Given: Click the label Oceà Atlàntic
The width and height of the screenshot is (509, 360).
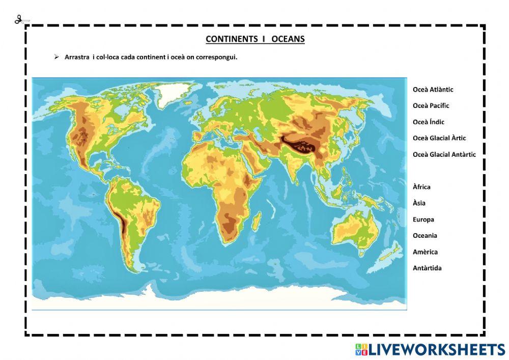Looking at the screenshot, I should pos(433,90).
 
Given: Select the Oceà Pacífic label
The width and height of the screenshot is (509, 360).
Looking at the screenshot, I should pos(431,106).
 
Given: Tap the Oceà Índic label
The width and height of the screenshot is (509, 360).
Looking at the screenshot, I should pos(429,122).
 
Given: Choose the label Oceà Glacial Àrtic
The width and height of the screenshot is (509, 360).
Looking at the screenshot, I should pos(439,138).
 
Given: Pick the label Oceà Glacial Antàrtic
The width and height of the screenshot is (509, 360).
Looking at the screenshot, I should pos(444,154).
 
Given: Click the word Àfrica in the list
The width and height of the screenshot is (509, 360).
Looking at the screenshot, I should pos(421,187).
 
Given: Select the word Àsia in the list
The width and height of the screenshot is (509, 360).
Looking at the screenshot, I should pos(419,203).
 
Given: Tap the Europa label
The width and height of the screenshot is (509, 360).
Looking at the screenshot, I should pos(423,219).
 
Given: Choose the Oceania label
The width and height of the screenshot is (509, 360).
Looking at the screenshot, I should pos(425,236).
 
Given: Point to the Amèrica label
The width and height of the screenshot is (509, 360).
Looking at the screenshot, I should pos(425,252).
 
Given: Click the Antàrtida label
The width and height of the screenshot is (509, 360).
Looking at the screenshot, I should pos(427,268).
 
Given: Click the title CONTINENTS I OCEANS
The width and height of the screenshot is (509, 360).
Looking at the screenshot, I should pos(255,39).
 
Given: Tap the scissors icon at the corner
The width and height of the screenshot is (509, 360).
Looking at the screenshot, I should pos(19,20).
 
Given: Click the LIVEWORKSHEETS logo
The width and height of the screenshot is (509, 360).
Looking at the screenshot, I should pos(430,349).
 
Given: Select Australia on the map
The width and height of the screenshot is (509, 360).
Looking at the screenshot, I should pos(355,230).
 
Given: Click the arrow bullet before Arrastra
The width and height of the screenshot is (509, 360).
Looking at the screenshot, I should pos(57,57).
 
